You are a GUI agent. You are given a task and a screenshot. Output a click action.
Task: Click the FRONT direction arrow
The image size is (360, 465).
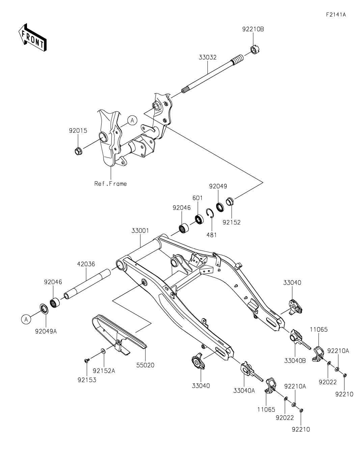[x=32, y=37]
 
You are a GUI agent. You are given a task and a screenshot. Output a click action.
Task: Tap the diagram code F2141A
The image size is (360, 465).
[x=336, y=15]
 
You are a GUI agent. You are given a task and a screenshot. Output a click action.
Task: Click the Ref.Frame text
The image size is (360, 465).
[x=111, y=184]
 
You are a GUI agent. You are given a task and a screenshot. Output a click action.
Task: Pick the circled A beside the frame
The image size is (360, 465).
[x=132, y=120]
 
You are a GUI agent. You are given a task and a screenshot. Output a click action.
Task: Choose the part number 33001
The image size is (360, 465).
[x=140, y=231]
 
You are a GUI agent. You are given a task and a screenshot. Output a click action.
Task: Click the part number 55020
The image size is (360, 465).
[x=146, y=365]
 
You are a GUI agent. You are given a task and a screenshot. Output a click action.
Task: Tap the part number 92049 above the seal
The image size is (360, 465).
[x=218, y=186]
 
